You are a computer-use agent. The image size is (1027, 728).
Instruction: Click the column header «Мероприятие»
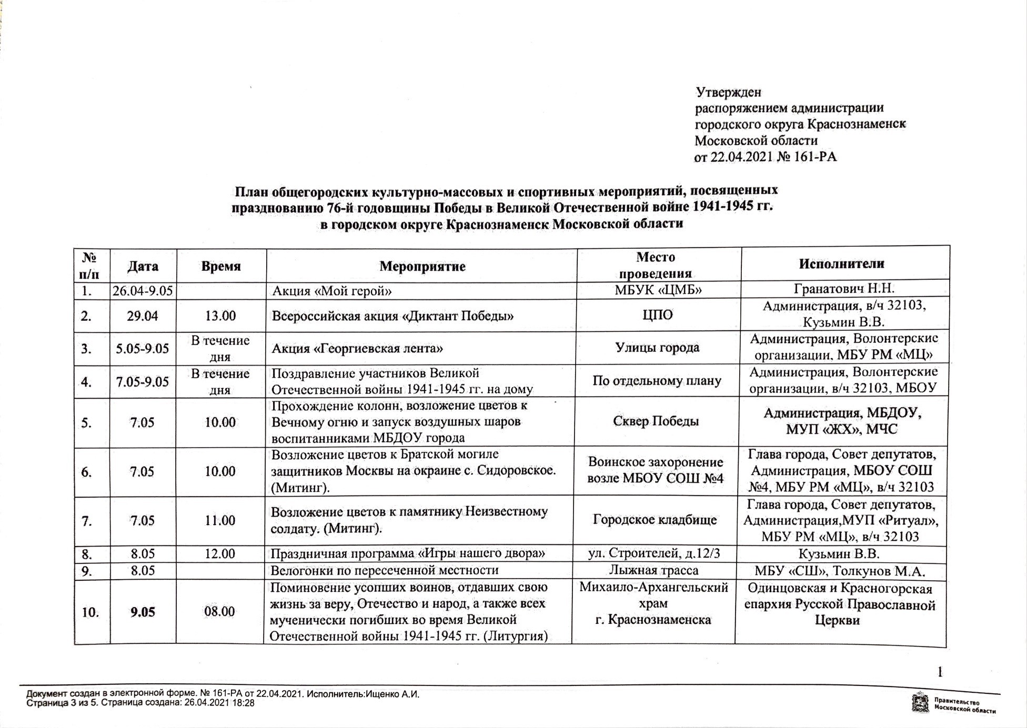[422, 266]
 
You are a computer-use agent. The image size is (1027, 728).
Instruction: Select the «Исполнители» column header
[841, 264]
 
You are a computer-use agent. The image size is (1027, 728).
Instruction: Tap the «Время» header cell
[221, 266]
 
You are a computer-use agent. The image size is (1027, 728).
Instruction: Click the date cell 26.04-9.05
[143, 290]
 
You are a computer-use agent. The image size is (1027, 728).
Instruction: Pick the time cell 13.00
[220, 316]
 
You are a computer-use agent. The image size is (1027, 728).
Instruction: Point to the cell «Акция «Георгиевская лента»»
[357, 348]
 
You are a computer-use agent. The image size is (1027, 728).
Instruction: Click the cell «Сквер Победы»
[656, 421]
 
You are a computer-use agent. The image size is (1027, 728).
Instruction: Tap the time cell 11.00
[220, 520]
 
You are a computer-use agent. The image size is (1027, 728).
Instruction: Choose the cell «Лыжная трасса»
[653, 570]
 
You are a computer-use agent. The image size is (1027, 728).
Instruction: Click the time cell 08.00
[219, 611]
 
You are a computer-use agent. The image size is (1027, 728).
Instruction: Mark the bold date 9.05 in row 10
[143, 612]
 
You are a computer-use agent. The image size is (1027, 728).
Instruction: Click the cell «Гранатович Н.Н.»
[844, 288]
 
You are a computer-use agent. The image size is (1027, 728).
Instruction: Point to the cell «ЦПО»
[658, 315]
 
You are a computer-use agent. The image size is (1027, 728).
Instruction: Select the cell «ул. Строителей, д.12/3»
[653, 553]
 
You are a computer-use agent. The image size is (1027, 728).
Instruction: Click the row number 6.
[87, 472]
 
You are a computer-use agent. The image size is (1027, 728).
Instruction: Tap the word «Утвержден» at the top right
[729, 92]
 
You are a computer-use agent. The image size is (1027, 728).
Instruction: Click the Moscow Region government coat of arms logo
[920, 703]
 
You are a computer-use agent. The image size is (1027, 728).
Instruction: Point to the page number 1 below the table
[940, 672]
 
